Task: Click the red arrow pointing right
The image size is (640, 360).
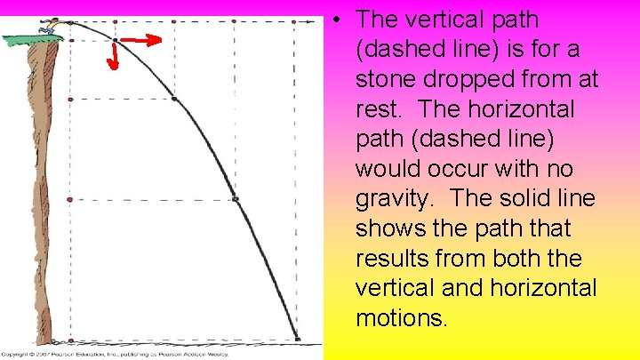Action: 142,40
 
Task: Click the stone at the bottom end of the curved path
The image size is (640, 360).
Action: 298,338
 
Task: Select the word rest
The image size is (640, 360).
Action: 380,109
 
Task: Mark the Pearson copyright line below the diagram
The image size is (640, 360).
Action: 116,354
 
